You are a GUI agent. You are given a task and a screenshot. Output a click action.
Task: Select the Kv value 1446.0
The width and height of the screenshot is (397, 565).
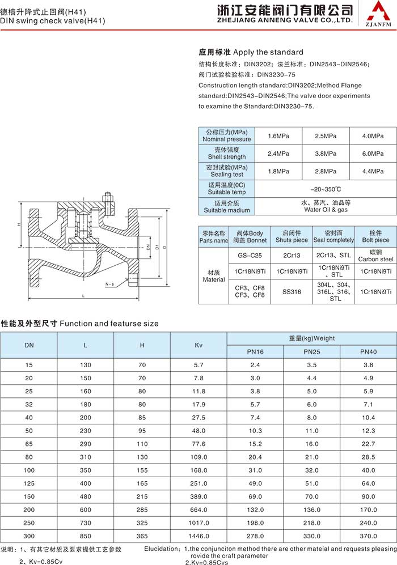point(198,536)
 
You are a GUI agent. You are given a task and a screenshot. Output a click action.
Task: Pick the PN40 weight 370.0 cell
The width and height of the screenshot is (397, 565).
point(368,536)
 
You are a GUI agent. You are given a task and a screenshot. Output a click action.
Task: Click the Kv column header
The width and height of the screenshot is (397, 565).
point(198,345)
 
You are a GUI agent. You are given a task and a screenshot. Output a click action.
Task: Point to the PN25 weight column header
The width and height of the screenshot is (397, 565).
point(311,352)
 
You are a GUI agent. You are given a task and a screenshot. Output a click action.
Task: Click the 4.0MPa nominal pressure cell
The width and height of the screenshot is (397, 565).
point(373,136)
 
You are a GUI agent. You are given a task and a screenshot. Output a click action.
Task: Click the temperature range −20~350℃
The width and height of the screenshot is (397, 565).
point(326,189)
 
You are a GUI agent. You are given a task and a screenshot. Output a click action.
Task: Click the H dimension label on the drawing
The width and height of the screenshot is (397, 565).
point(19,224)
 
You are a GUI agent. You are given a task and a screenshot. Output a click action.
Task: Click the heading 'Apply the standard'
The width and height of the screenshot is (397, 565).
point(251,52)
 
